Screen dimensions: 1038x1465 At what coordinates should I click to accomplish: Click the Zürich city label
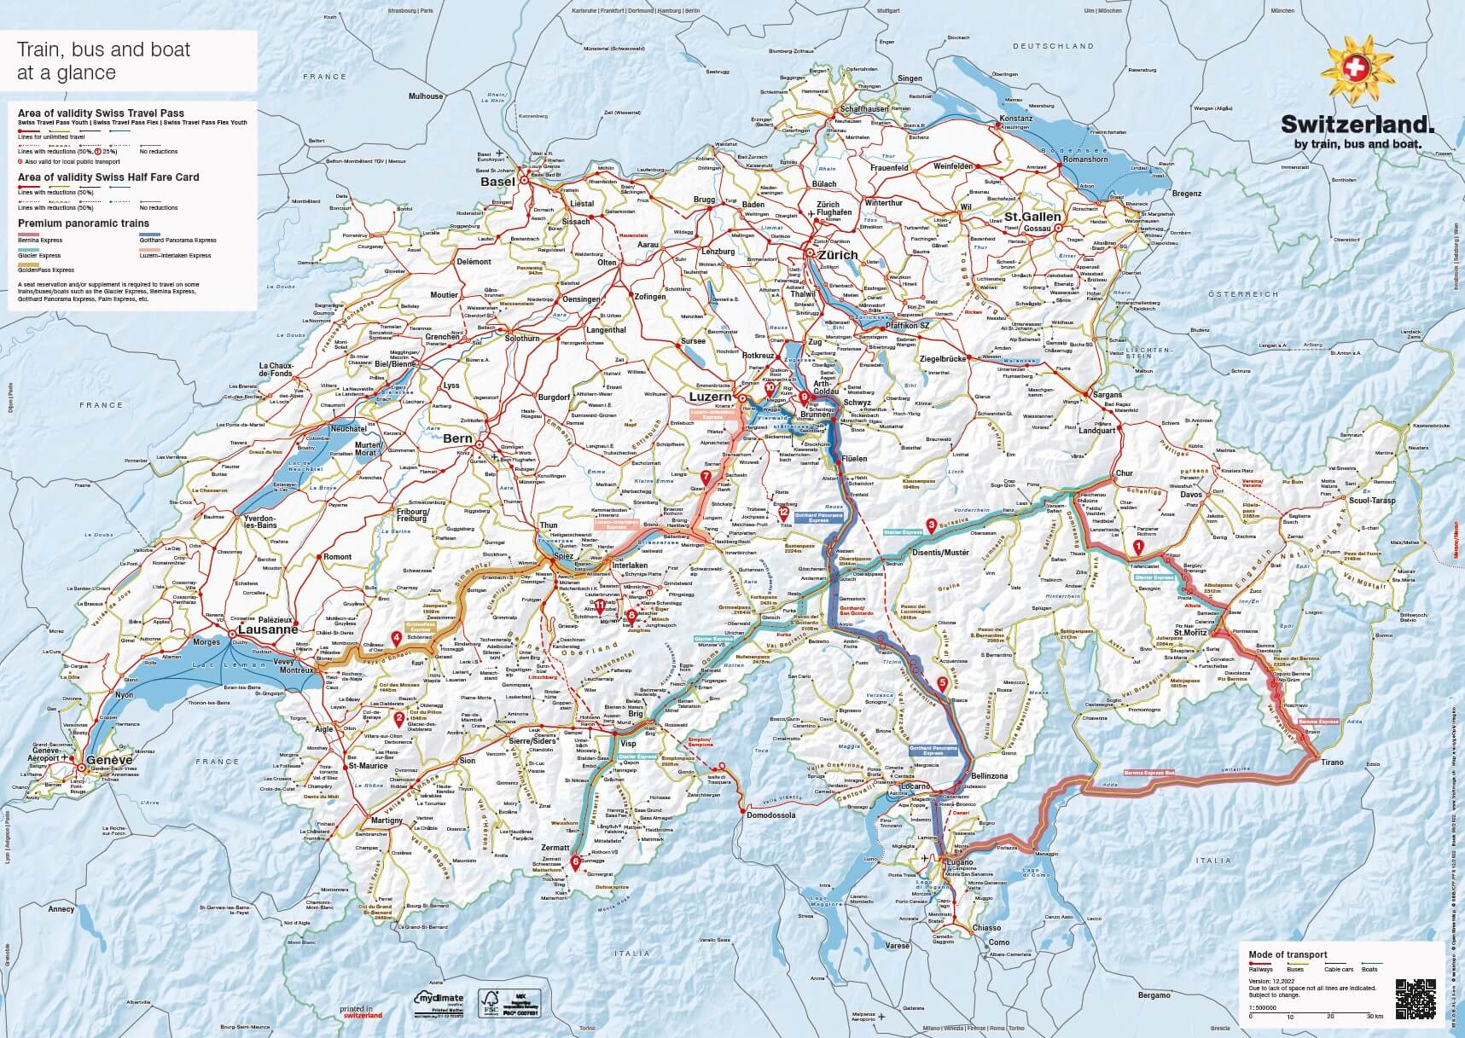837,255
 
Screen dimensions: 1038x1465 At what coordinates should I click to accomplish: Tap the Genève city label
111,760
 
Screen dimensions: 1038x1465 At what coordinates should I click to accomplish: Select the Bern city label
457,438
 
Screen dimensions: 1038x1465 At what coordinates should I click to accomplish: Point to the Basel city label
497,182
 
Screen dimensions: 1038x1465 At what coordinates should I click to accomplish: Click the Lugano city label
960,863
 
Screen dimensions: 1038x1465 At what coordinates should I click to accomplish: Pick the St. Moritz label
1189,632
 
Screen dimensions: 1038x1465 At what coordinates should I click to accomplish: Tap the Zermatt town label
555,848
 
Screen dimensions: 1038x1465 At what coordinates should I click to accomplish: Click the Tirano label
1331,763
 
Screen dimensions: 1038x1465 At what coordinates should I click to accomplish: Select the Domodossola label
771,815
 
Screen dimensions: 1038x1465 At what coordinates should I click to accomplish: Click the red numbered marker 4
397,636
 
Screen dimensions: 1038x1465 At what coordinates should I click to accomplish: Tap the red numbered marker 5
942,681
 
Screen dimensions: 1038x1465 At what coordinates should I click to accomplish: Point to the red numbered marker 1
1137,546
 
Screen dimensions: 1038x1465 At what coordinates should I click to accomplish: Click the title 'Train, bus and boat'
103,49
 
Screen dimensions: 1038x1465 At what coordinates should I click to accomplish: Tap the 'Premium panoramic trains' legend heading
83,223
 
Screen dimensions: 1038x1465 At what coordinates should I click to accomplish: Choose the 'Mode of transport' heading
1288,954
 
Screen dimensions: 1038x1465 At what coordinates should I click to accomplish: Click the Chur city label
1124,473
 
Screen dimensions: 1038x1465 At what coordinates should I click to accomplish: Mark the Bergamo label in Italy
1154,996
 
